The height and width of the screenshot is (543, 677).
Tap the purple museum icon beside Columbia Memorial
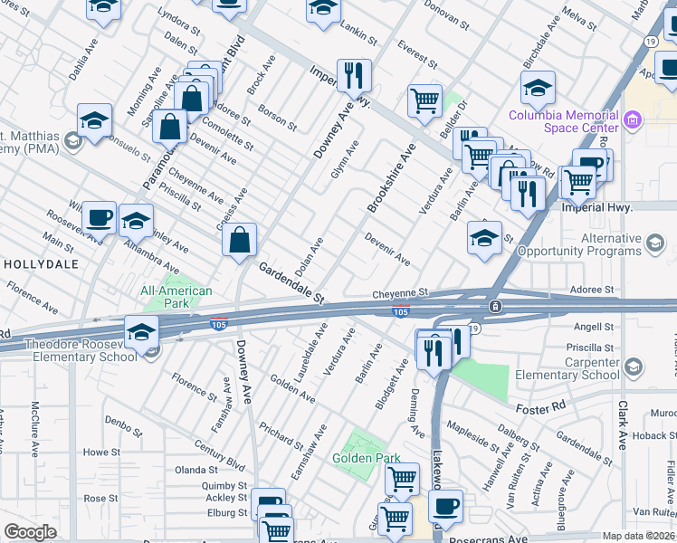click(634, 118)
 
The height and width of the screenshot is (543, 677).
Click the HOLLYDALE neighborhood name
click(42, 264)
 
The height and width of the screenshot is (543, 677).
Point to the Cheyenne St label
click(399, 294)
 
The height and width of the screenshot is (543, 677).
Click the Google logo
click(30, 532)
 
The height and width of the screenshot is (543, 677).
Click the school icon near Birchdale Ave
click(538, 88)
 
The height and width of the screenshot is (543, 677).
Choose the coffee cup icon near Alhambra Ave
click(99, 217)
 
